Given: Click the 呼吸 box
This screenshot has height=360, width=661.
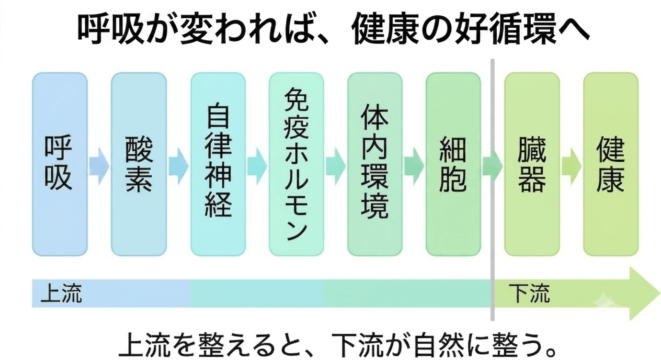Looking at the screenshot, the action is click(60, 164).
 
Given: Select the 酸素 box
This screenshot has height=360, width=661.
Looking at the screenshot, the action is click(139, 164).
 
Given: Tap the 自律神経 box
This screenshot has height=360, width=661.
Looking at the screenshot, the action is click(218, 164).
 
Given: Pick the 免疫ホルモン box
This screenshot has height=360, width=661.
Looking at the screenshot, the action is click(296, 164).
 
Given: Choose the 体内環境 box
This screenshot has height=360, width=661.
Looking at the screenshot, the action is click(375, 164).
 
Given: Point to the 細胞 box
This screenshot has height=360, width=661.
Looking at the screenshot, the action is click(453, 164).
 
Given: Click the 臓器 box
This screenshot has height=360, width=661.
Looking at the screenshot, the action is click(532, 164).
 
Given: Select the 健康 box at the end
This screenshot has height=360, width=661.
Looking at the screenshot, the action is click(611, 164).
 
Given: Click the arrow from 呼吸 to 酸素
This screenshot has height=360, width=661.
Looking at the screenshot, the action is click(100, 166).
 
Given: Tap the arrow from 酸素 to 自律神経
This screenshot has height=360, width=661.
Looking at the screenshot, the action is click(179, 166).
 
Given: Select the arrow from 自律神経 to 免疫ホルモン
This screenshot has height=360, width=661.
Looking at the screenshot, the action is click(257, 166).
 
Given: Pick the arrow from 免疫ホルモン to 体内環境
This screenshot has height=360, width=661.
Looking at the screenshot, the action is click(336, 166).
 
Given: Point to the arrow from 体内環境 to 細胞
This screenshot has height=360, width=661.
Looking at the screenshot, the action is click(414, 166).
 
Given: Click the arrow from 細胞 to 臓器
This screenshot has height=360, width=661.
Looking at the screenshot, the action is click(492, 166).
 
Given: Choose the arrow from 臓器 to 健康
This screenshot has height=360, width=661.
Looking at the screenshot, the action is click(571, 166).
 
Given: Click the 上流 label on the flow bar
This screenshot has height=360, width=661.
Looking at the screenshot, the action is click(61, 293).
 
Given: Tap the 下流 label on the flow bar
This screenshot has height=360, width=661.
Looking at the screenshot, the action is click(529, 293).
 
